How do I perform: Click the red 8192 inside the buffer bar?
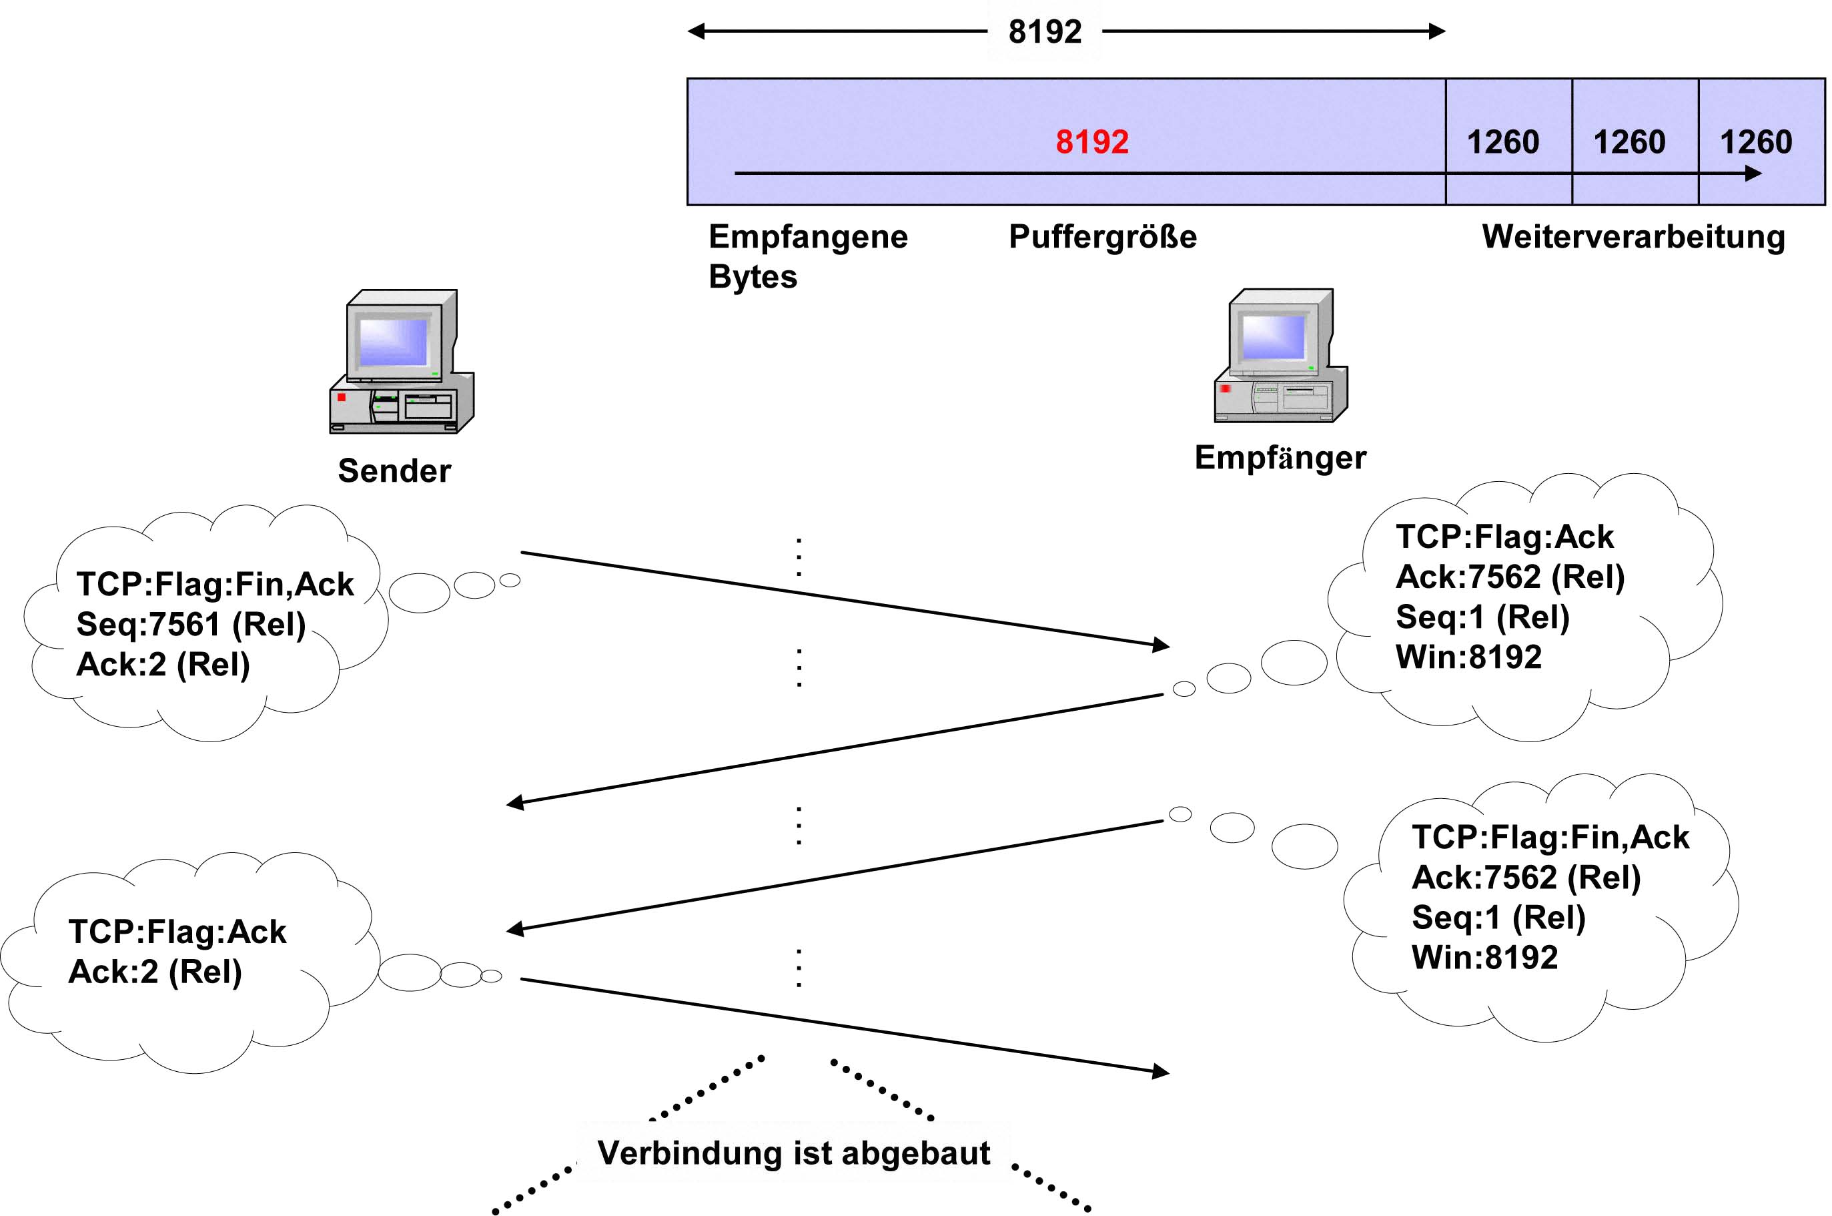point(1091,142)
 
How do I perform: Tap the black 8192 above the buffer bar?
point(1044,32)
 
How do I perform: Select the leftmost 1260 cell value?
point(1502,142)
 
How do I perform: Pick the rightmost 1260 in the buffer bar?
point(1756,142)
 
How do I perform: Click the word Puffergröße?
point(1101,236)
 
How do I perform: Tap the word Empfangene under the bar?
point(808,236)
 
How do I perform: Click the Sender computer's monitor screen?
point(393,341)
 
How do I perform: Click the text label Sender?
point(394,471)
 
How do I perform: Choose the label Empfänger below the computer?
point(1280,458)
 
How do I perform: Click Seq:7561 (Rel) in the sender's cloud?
point(191,624)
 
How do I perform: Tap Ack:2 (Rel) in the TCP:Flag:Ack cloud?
point(155,972)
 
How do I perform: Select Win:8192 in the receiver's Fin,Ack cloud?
point(1484,958)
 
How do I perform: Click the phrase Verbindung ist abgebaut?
point(793,1153)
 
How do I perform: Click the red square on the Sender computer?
point(341,397)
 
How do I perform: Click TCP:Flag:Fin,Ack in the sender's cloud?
point(215,584)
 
